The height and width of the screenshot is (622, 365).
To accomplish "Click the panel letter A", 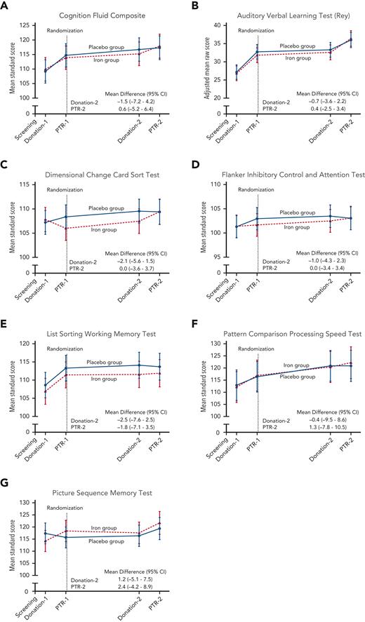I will coord(5,5).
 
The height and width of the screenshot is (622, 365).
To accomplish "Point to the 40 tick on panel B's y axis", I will coord(218,25).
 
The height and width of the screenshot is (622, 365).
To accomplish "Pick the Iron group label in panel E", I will coord(104,379).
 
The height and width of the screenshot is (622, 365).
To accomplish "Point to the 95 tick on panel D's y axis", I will coord(218,257).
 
